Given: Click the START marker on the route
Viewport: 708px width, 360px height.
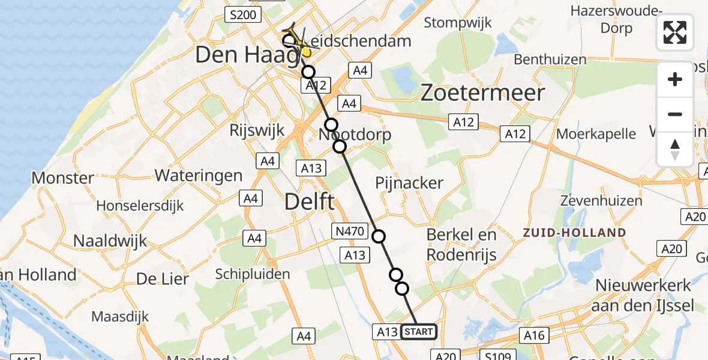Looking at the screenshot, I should point(419,332).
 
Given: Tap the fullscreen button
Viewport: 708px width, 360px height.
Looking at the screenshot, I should point(675,32).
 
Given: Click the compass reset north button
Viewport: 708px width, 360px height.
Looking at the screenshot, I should point(675,149).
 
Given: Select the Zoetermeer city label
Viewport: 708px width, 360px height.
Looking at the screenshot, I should point(482,93).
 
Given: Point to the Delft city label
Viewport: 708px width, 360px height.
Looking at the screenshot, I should point(310,202).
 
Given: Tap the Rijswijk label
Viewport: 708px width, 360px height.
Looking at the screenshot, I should point(257,130).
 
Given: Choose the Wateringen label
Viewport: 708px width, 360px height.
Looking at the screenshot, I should point(199,176).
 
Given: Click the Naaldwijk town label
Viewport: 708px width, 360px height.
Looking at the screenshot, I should point(110,241).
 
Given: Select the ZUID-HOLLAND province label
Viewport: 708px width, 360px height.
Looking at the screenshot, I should point(574,233).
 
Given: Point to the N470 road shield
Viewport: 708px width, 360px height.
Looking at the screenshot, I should point(347,229).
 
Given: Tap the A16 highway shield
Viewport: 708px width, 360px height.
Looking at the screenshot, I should point(533,335).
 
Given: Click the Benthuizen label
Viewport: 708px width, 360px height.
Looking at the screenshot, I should point(550,59).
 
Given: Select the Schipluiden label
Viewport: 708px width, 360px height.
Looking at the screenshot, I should point(253,274).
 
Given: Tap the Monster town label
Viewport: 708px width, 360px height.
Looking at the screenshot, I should point(62,178).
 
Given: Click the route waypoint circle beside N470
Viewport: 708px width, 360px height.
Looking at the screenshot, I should point(379,236).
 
